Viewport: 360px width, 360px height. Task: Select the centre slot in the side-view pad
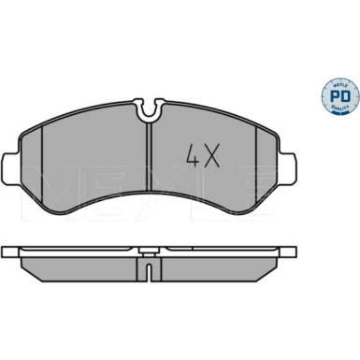151,272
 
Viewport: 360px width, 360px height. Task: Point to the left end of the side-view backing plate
7,254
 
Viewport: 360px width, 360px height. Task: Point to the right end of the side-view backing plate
295,254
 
